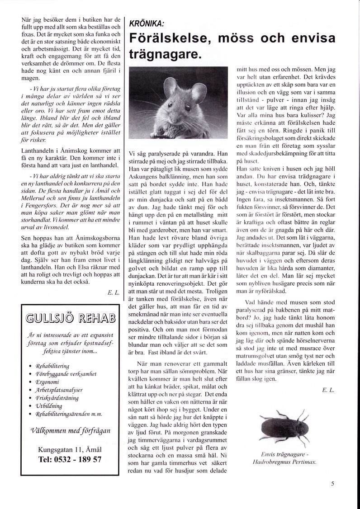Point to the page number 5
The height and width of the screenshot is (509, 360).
click(x=332, y=483)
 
